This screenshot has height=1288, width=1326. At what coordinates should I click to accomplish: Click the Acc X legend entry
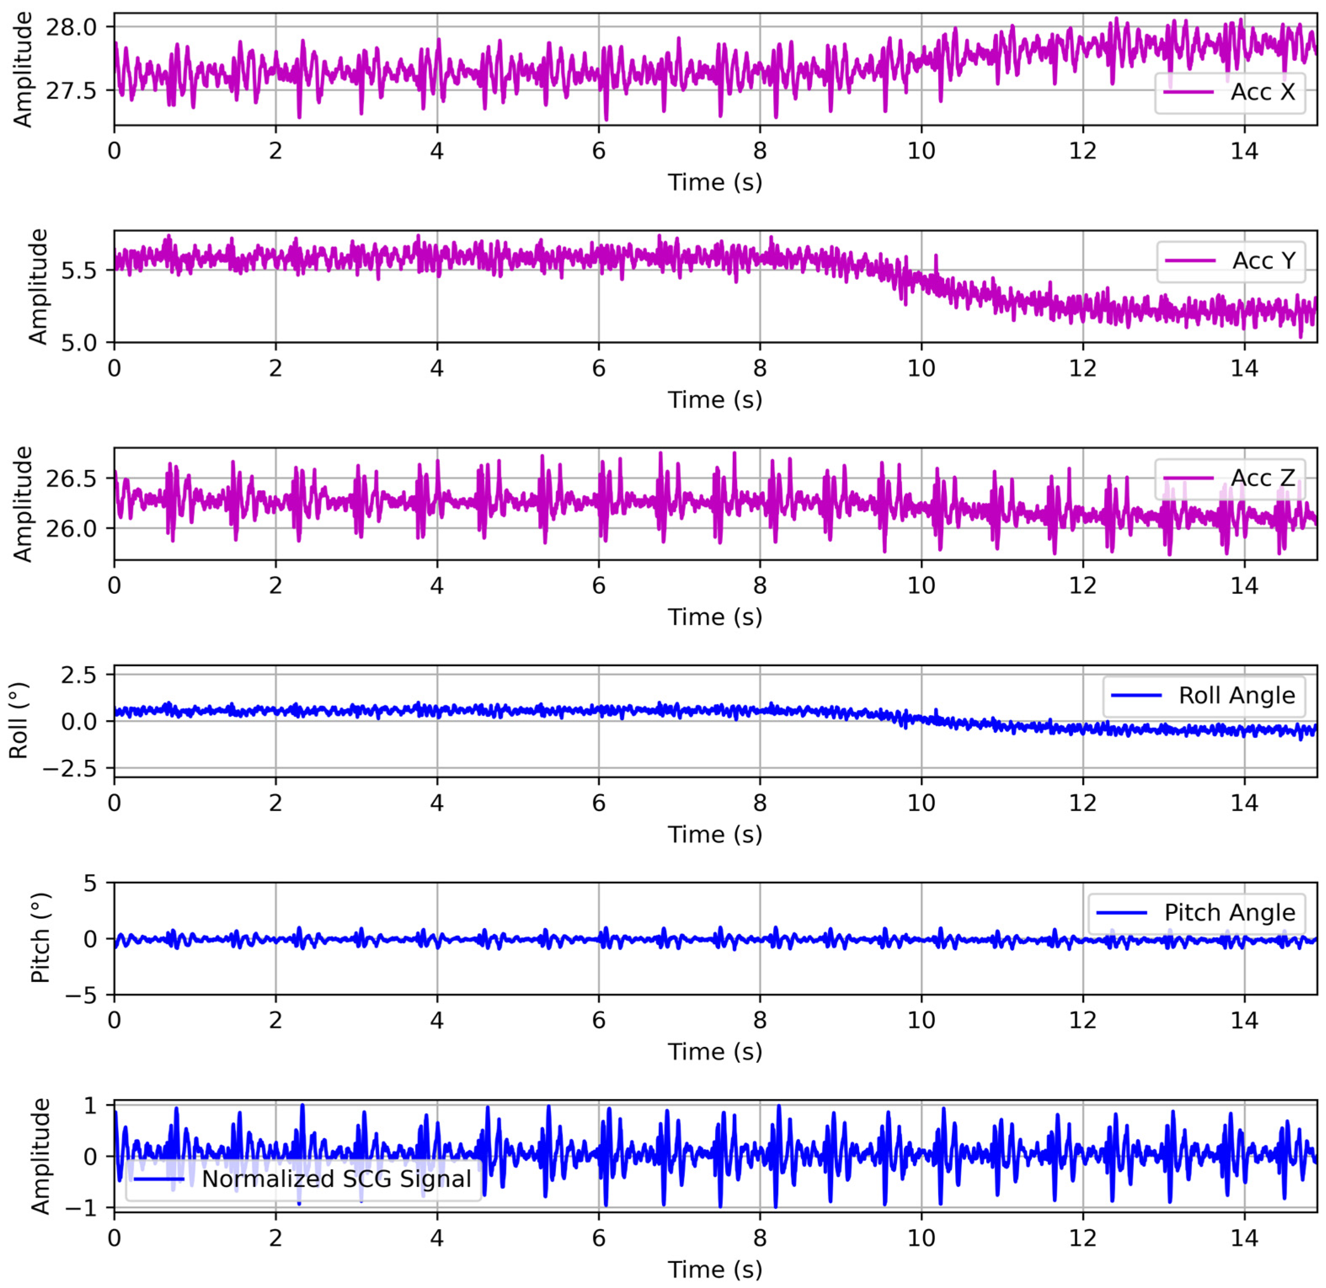[x=1262, y=92]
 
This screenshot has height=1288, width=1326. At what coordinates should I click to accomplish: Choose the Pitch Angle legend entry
[x=1229, y=913]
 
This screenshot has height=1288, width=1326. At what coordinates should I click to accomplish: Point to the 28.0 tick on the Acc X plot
[x=71, y=27]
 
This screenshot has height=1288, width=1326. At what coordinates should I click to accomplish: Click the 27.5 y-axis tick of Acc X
[x=71, y=90]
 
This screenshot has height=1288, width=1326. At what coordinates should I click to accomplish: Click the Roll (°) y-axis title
[x=18, y=721]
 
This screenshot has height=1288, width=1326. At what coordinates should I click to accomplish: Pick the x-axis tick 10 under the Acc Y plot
[x=921, y=368]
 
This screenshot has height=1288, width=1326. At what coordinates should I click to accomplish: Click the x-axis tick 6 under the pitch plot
[x=599, y=1020]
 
